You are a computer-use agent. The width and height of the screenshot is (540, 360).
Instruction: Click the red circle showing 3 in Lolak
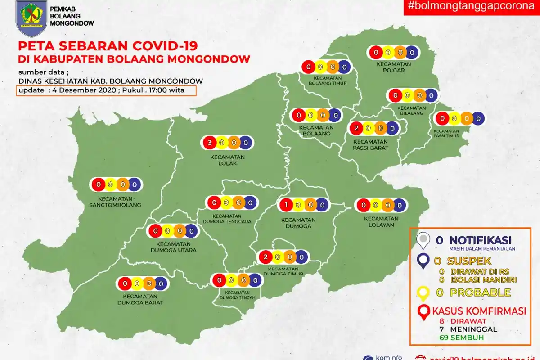(x=209, y=143)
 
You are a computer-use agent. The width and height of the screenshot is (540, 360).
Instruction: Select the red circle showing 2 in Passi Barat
(x=356, y=128)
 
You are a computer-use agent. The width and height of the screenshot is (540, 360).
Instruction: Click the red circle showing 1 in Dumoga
(x=286, y=205)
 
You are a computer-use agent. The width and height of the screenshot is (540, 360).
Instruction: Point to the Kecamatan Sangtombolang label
(x=116, y=202)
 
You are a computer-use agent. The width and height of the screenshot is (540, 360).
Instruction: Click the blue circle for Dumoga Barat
(x=161, y=283)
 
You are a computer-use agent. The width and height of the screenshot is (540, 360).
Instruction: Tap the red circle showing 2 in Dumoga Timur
(x=266, y=257)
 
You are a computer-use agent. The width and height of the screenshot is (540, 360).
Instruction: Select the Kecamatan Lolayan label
(x=382, y=222)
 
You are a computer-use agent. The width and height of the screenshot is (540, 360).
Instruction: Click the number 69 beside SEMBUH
(x=444, y=337)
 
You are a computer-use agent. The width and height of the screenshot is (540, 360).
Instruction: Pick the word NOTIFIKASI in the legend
(x=480, y=240)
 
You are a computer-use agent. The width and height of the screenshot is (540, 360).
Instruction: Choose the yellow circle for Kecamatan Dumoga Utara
(x=167, y=231)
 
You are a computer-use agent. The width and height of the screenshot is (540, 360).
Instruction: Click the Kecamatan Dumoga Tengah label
(x=238, y=294)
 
